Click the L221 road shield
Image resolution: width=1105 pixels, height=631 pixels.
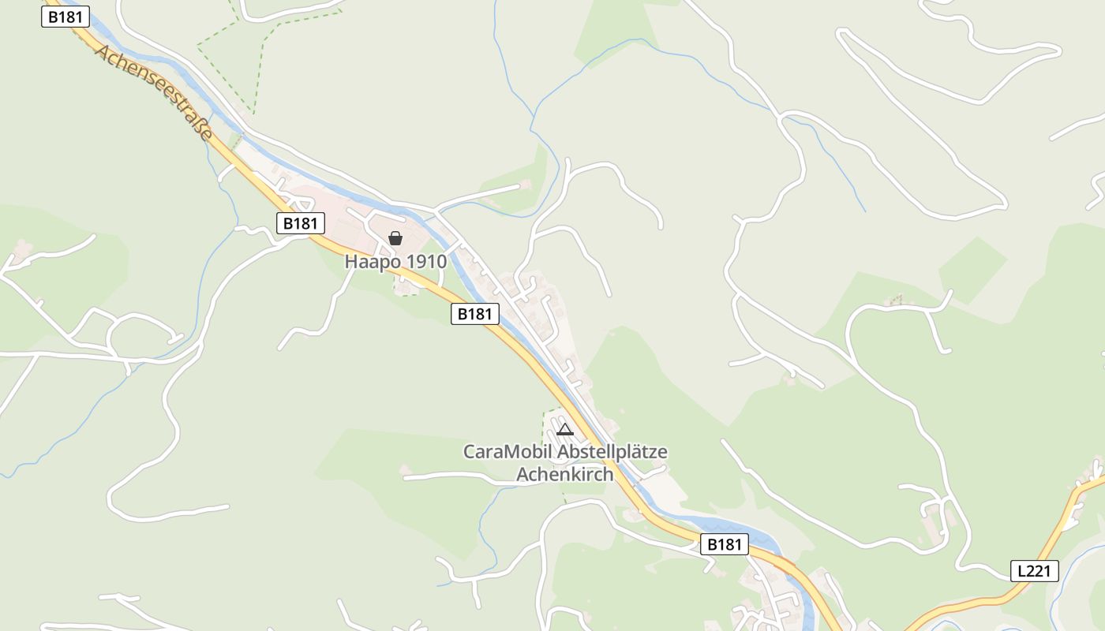tap(1034, 571)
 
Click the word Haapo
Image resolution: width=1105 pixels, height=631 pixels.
tap(369, 262)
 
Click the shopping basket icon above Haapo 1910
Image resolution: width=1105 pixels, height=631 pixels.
tap(395, 238)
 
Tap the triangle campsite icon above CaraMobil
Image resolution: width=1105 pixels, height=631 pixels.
tap(564, 430)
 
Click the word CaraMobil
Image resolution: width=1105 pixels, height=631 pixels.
tap(508, 453)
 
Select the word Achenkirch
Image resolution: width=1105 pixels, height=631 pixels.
tap(564, 475)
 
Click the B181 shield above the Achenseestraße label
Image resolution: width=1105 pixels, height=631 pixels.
tap(66, 17)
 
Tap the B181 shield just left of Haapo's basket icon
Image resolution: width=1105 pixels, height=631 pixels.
tap(300, 223)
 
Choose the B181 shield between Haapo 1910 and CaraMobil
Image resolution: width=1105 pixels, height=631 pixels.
tap(475, 314)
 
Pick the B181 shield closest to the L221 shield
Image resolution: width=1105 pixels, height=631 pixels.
tap(724, 544)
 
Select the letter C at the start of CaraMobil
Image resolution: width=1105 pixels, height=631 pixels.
tap(468, 453)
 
